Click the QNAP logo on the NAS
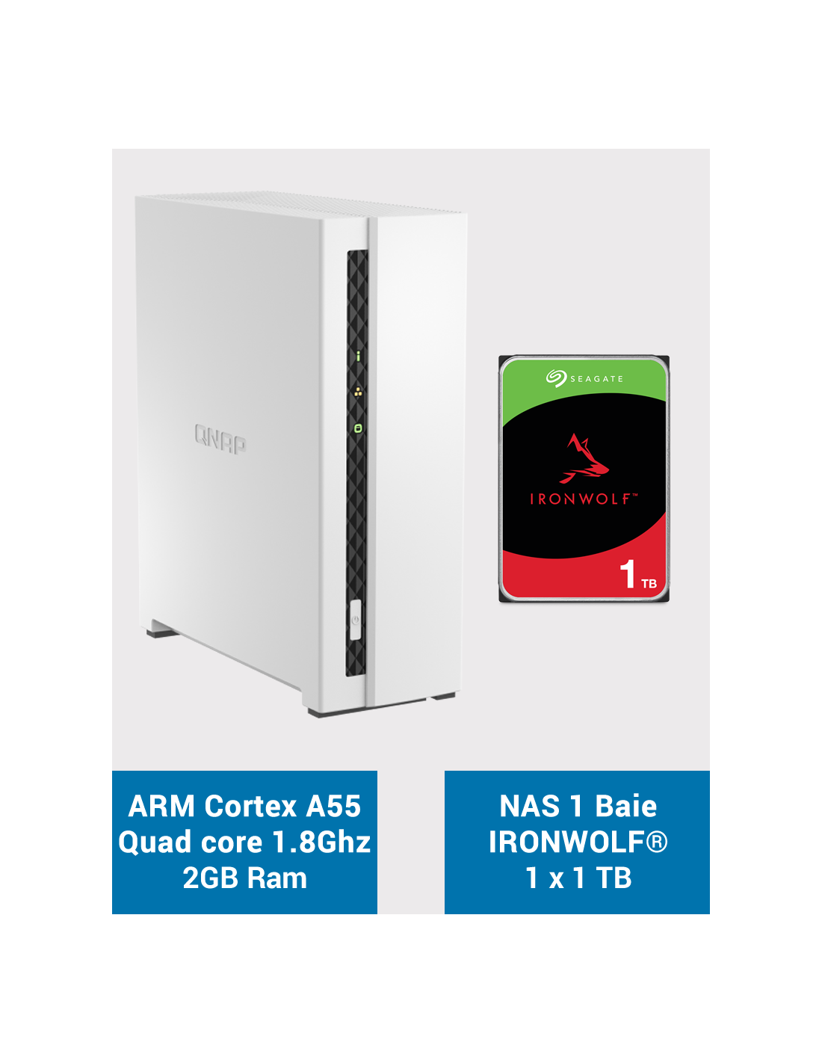pos(220,439)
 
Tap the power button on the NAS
pos(355,619)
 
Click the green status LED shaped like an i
pos(358,356)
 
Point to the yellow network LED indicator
pos(359,392)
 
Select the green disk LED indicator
pos(358,428)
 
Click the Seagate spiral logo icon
pos(556,378)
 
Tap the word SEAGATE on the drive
pos(596,379)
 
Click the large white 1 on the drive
pos(628,573)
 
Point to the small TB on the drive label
pos(649,583)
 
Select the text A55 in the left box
pos(333,806)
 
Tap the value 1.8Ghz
pos(321,842)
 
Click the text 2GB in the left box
pos(211,878)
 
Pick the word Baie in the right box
pos(626,806)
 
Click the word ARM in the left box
pos(161,806)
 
